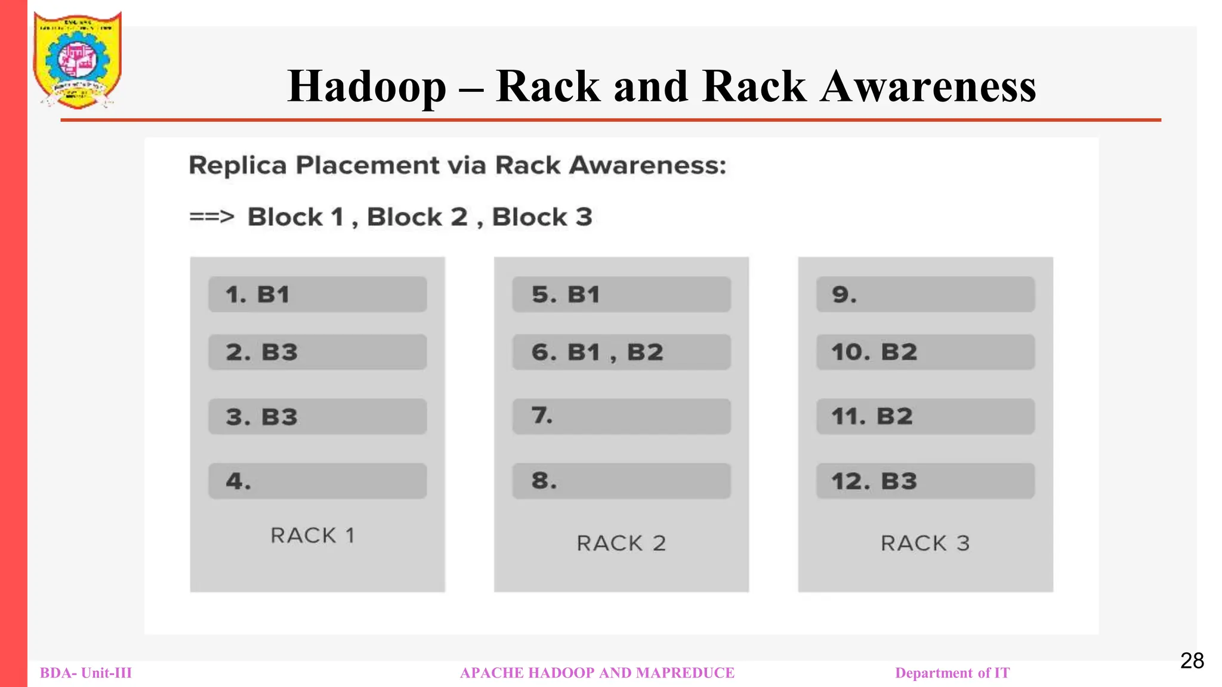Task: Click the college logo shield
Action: pyautogui.click(x=77, y=60)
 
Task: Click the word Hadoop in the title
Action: pyautogui.click(x=366, y=86)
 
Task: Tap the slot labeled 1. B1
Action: pyautogui.click(x=317, y=295)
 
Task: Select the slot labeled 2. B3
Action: pyautogui.click(x=317, y=352)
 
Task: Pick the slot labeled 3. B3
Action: pyautogui.click(x=317, y=417)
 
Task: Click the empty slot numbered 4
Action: pyautogui.click(x=317, y=481)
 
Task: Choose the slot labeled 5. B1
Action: pyautogui.click(x=621, y=295)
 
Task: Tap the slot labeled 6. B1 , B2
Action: pyautogui.click(x=621, y=352)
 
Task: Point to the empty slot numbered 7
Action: pyautogui.click(x=621, y=416)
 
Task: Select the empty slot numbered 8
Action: pyautogui.click(x=621, y=481)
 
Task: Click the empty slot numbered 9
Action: pyautogui.click(x=925, y=295)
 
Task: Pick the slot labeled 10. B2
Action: pyautogui.click(x=925, y=352)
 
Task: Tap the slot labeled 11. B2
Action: pyautogui.click(x=925, y=417)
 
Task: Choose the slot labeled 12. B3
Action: pyautogui.click(x=925, y=481)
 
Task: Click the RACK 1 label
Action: pyautogui.click(x=313, y=536)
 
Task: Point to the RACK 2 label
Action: pyautogui.click(x=621, y=543)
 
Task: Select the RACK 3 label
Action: pyautogui.click(x=925, y=543)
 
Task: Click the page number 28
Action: pyautogui.click(x=1192, y=661)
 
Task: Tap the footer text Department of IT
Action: pyautogui.click(x=952, y=673)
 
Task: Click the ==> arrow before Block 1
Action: pyautogui.click(x=211, y=217)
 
